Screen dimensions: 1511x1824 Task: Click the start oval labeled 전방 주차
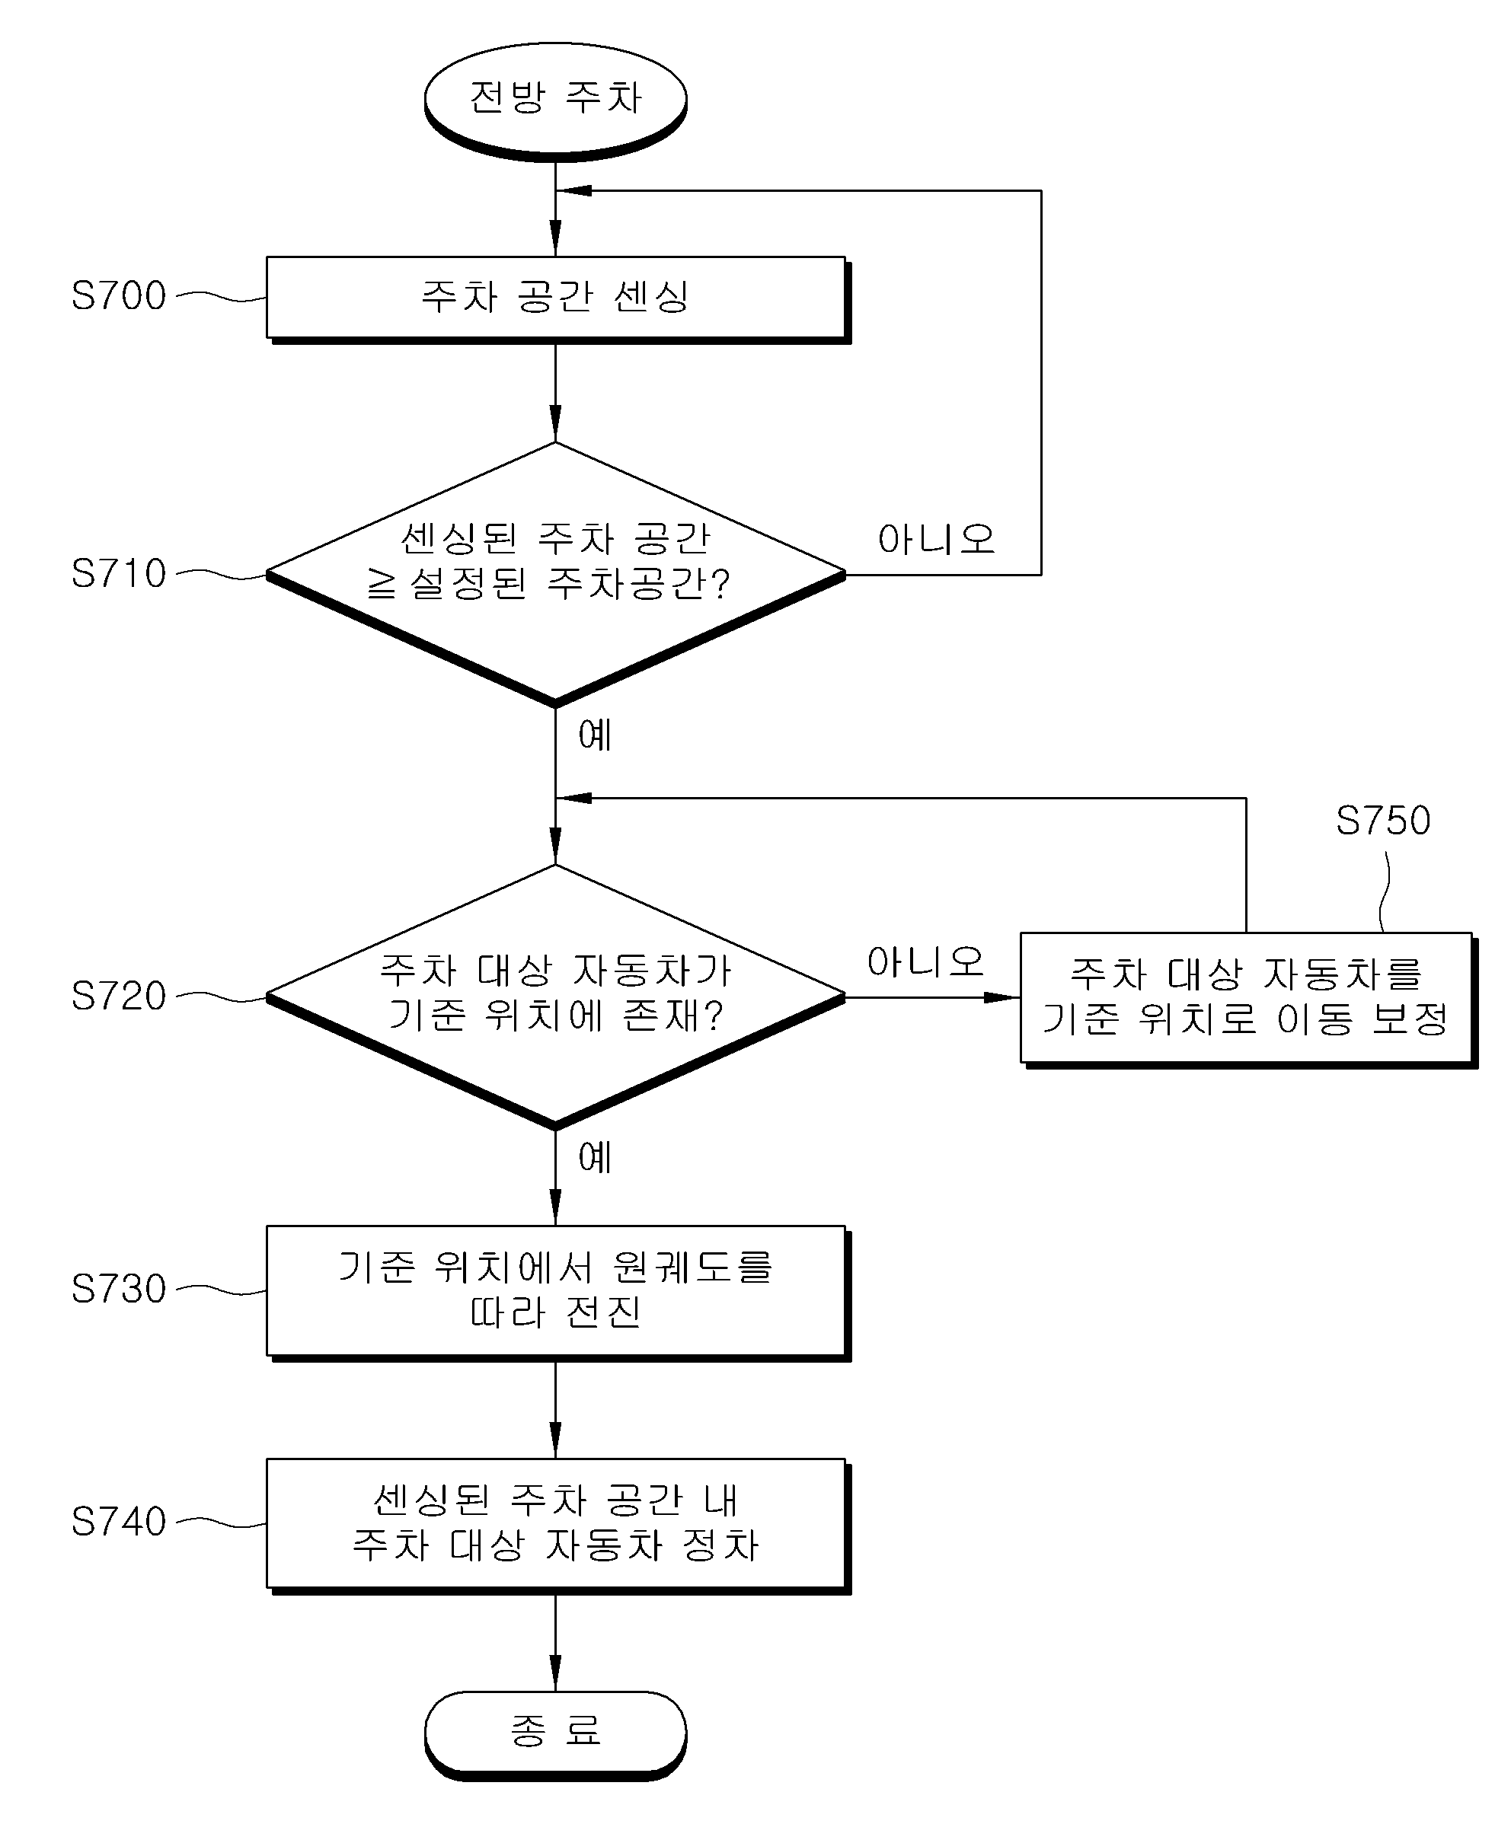[x=555, y=100]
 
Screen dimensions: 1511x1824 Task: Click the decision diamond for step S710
[x=555, y=574]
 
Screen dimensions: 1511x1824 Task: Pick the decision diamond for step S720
[x=555, y=997]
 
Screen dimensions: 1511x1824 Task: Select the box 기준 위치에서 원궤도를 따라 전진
[x=557, y=1293]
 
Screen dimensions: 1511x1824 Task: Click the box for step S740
[x=557, y=1526]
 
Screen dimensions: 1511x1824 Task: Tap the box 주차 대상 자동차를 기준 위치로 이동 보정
[x=1248, y=1000]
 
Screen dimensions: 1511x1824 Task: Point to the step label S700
[x=119, y=296]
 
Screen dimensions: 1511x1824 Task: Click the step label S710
[x=119, y=574]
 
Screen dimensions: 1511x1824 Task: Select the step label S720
[x=119, y=997]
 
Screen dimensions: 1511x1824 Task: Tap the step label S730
[x=119, y=1289]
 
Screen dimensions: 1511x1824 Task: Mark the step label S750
[x=1383, y=821]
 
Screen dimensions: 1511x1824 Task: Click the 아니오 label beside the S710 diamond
[x=936, y=540]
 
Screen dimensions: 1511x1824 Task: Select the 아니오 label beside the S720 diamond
[x=925, y=961]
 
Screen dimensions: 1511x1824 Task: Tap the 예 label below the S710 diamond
[x=596, y=735]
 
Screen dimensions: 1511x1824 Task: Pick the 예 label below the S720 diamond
[x=596, y=1158]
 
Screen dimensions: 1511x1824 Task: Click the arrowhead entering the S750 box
[x=1003, y=997]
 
